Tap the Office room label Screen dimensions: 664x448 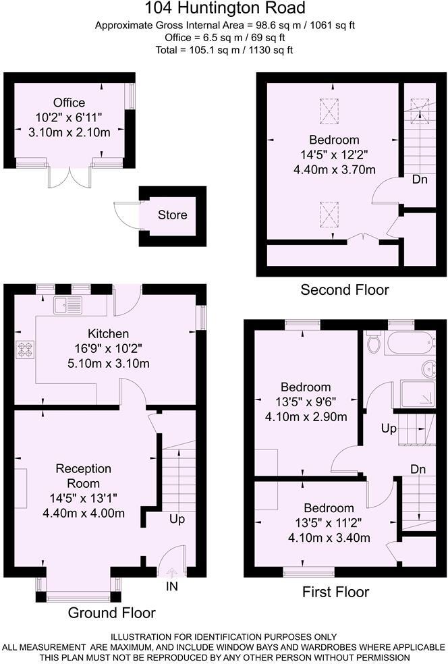coord(69,103)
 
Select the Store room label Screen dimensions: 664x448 coord(172,215)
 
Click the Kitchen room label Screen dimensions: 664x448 coord(108,333)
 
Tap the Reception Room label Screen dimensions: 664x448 coord(84,476)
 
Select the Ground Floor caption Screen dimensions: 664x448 coord(111,613)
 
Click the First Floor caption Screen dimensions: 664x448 coord(335,592)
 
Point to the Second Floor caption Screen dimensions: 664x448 coord(345,290)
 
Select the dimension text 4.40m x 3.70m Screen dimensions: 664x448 coord(335,169)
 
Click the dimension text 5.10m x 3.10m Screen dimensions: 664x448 coord(108,364)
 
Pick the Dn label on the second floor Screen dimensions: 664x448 coord(420,180)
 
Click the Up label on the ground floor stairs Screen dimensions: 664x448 coord(177,520)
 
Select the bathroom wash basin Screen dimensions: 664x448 coord(430,369)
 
